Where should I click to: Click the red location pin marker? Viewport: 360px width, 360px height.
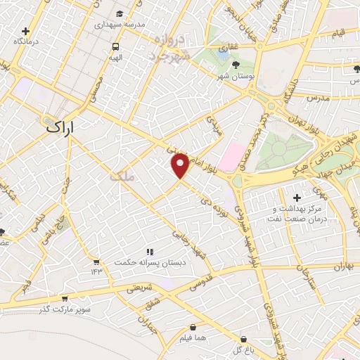tap(181, 165)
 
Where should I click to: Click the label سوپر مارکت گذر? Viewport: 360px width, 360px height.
tap(64, 309)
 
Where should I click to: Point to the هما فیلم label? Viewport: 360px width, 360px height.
tap(192, 338)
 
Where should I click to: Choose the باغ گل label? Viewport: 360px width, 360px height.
tap(243, 349)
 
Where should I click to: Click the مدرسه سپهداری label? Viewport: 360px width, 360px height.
tap(120, 24)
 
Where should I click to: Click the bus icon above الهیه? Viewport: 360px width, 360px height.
tap(115, 46)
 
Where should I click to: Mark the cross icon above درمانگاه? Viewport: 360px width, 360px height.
tap(25, 32)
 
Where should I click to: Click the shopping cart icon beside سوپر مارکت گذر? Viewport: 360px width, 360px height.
tap(65, 298)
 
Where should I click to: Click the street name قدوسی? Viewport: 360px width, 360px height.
tap(202, 283)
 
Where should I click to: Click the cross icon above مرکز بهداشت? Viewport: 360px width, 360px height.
tap(297, 198)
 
